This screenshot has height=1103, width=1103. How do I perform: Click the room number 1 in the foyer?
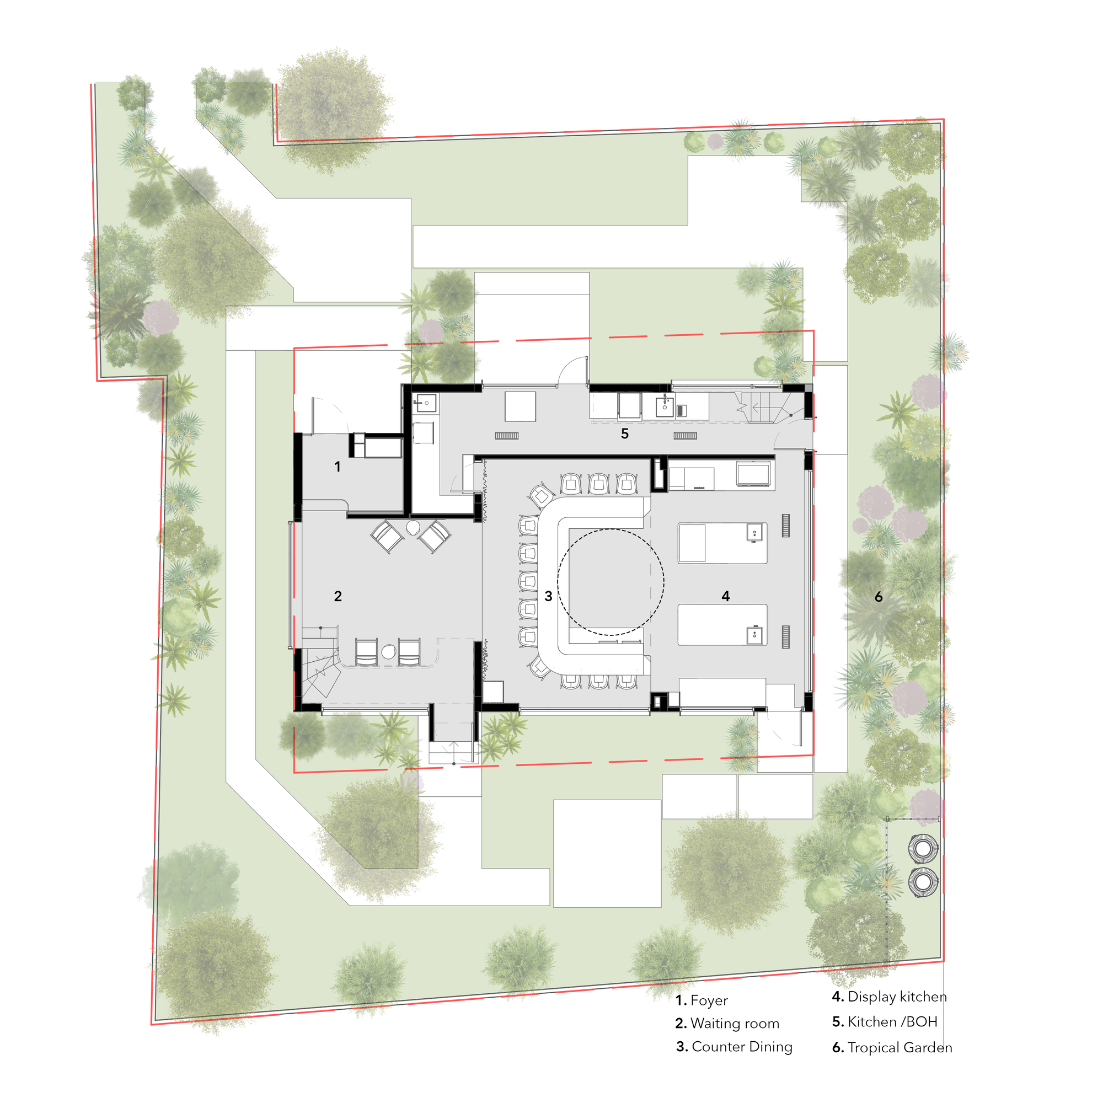coord(338,467)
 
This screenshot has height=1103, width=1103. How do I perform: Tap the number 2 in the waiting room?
coord(338,596)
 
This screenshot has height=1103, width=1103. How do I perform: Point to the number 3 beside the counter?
coord(548,596)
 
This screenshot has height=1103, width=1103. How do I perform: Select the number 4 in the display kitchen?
coord(726,596)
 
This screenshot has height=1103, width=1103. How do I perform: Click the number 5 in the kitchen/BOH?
coord(625,434)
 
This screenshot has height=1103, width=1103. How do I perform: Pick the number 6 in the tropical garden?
coord(879,597)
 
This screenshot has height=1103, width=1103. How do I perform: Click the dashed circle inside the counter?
coord(611,582)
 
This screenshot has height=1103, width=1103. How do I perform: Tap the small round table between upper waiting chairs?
coord(413,527)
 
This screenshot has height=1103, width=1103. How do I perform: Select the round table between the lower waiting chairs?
coord(389,651)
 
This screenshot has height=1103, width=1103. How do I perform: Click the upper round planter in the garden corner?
coord(923,848)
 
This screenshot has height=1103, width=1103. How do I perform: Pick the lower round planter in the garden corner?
coord(923,881)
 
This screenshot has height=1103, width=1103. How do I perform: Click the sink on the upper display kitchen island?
coord(755,533)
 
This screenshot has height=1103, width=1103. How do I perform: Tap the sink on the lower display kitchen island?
coord(755,634)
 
